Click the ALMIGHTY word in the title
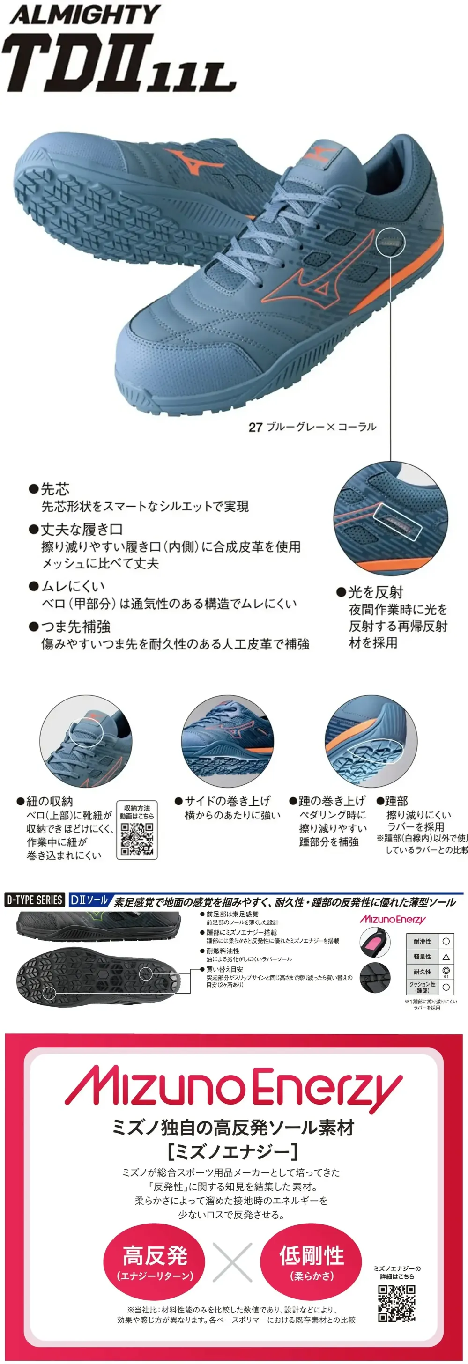pos(85,15)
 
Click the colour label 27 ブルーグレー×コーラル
pos(312,426)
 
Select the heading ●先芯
pos(49,489)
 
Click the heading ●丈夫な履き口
pos(76,529)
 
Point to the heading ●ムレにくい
pos(67,586)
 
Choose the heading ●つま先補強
pos(69,627)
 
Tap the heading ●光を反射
pos(370,591)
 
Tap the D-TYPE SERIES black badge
pos(35,900)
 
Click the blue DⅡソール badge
pos(89,900)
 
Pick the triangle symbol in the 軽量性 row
pos(446,957)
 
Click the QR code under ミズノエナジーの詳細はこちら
pos(396,1303)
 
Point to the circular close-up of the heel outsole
pos(371,741)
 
